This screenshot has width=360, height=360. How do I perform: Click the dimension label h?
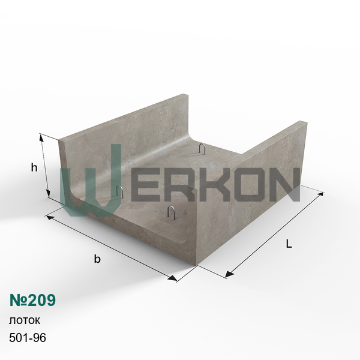34,167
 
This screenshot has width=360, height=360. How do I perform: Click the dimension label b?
97,259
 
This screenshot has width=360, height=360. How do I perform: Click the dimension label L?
289,244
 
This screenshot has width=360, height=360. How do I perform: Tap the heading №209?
32,300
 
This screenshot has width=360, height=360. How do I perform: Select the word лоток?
25,320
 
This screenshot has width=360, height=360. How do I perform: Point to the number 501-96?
28,337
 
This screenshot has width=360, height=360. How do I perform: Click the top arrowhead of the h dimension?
41,137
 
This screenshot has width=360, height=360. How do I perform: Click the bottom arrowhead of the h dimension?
48,194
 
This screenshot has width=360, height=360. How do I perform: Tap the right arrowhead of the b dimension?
173,278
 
